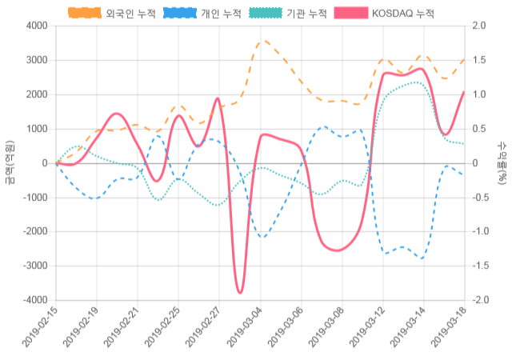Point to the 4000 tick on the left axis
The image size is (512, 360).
point(37,26)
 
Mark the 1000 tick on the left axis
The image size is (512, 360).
point(37,129)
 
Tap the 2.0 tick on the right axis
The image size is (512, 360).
point(480,26)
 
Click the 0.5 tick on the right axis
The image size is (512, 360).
point(480,129)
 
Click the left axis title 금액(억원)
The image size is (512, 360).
point(10,163)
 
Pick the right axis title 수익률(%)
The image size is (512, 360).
point(502,163)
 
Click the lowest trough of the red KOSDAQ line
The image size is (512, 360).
point(240,293)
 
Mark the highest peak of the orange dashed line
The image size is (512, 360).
point(262,40)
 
